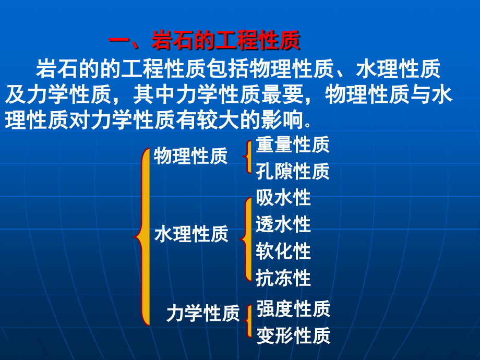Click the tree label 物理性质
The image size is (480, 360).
(x=190, y=155)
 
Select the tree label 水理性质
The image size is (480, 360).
(x=191, y=234)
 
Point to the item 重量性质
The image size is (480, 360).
(x=293, y=145)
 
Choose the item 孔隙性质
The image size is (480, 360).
(x=293, y=171)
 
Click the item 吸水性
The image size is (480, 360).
(x=283, y=198)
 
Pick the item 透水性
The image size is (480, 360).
(x=283, y=224)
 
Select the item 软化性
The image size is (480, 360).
(x=283, y=251)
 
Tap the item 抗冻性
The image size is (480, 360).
(x=283, y=278)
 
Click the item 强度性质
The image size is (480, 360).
(x=293, y=309)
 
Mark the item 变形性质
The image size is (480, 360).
(x=293, y=335)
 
